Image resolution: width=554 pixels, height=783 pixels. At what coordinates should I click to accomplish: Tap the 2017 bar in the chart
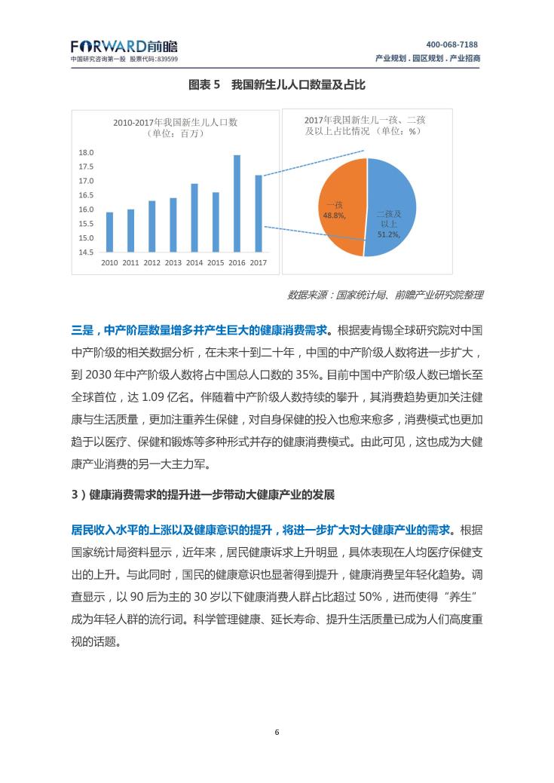pos(259,213)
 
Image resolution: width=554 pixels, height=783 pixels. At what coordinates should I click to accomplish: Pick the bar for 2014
pos(194,218)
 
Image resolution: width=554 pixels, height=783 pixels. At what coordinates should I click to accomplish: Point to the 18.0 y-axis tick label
pos(86,153)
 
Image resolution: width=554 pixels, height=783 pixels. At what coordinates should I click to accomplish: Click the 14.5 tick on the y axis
pos(86,252)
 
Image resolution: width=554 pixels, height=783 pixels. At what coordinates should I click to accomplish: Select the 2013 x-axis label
pos(173,263)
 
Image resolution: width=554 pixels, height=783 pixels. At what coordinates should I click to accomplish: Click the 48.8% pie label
pos(335,216)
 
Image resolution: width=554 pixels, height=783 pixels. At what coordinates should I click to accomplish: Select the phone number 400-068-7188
pos(452,44)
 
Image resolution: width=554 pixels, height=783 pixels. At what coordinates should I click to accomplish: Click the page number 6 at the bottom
pos(277,733)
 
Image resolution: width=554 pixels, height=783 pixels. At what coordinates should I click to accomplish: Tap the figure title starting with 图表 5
pos(277,85)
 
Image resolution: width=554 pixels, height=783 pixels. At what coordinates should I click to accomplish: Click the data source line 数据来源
pos(384,295)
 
